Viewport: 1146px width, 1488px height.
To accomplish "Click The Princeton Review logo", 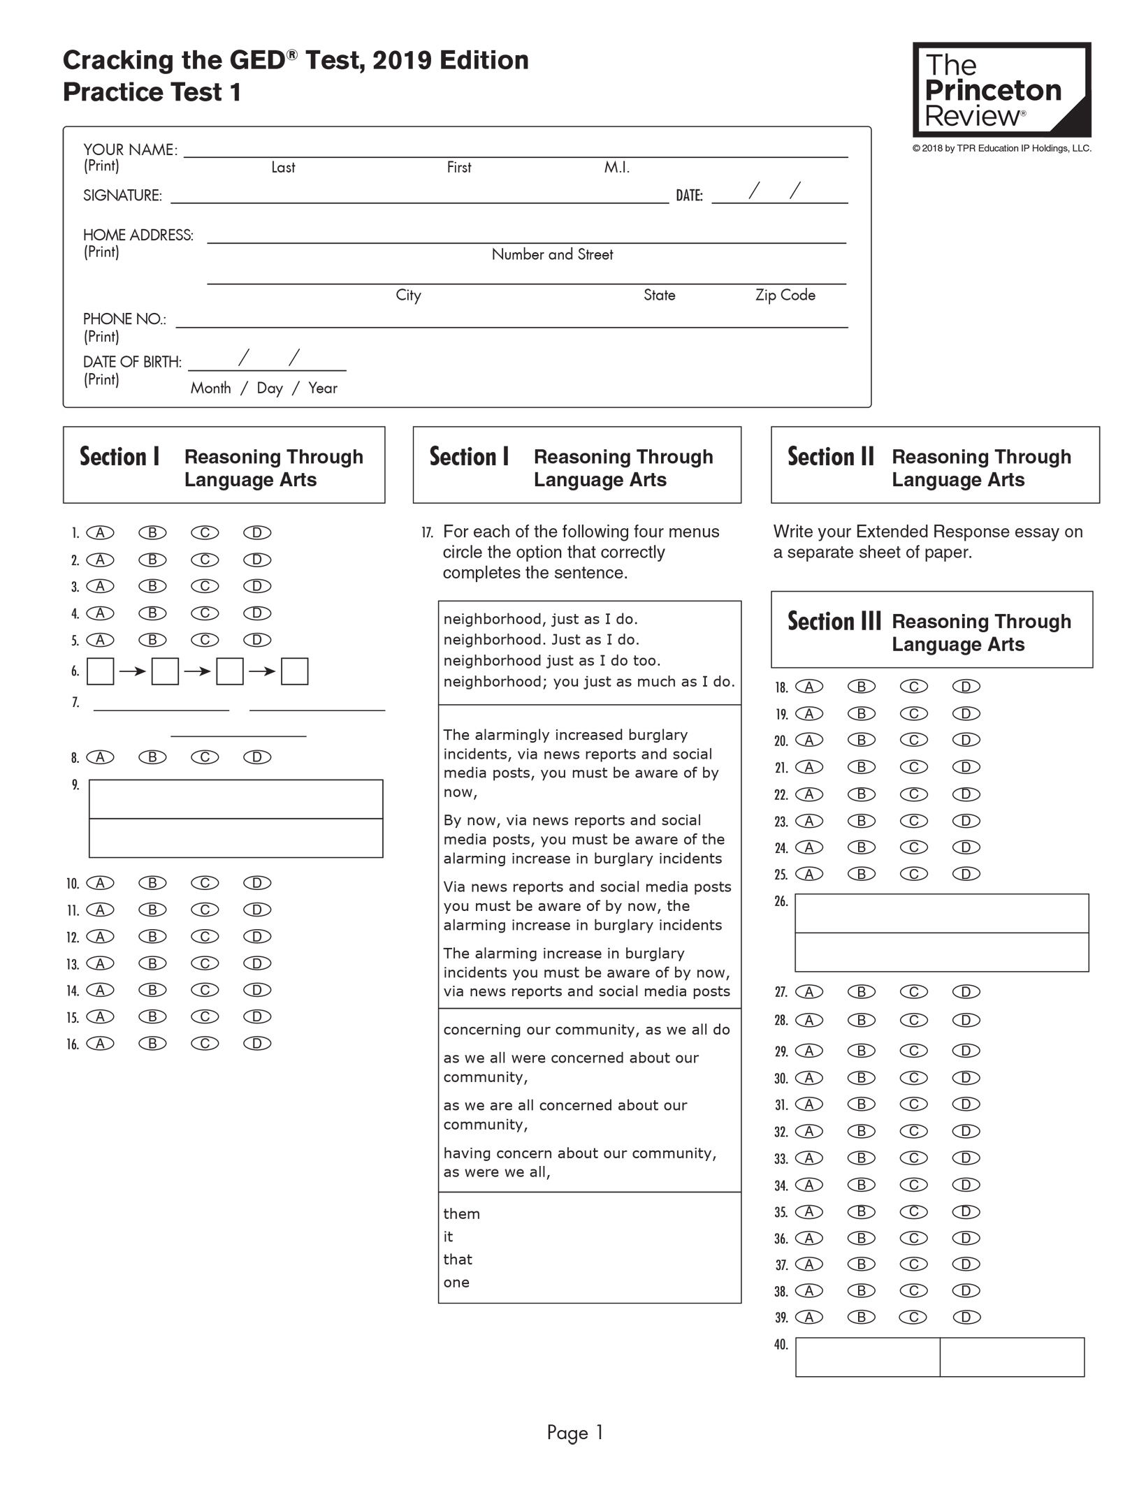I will pos(1001,89).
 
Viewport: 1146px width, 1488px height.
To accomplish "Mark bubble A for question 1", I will pos(100,533).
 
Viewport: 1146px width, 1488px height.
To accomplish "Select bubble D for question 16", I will pos(257,1044).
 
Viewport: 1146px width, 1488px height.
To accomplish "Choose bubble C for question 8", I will pos(205,757).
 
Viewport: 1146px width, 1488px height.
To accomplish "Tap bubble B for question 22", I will pos(862,794).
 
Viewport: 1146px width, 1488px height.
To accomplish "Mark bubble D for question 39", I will pos(966,1318).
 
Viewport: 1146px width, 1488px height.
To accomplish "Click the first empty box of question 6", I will pos(100,671).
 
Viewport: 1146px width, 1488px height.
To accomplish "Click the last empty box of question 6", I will pos(294,671).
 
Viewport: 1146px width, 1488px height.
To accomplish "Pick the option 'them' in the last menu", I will pos(461,1213).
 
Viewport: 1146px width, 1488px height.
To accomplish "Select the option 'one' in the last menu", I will pos(456,1282).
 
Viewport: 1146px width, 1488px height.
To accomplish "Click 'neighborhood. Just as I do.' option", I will pos(542,640).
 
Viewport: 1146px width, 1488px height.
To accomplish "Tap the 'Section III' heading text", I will pos(834,621).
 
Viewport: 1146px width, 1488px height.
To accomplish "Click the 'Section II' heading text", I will pos(830,457).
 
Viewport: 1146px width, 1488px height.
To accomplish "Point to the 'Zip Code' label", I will pos(785,295).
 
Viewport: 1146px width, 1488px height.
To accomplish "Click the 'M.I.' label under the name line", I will pos(616,168).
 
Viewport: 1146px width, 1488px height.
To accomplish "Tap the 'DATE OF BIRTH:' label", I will pos(132,362).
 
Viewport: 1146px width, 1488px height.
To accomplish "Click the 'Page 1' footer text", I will pos(574,1433).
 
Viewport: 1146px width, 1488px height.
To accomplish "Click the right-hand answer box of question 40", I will pos(1012,1357).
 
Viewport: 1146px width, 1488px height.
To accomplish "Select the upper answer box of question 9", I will pos(235,799).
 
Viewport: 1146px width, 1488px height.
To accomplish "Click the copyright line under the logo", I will pos(1001,148).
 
